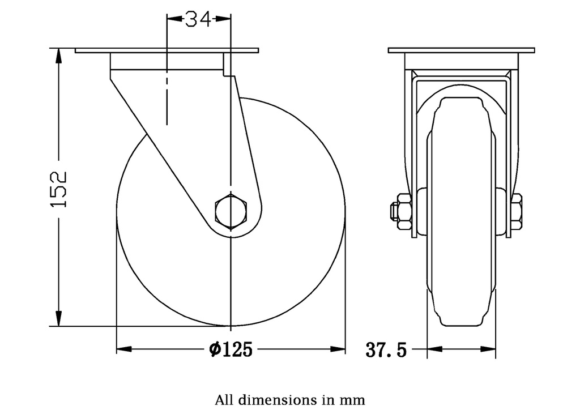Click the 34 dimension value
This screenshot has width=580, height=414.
click(199, 19)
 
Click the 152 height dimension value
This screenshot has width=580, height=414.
click(58, 188)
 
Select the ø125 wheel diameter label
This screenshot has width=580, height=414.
click(231, 349)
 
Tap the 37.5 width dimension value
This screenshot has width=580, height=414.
click(386, 350)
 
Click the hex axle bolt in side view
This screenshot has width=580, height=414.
click(231, 211)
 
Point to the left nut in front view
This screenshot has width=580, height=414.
click(403, 211)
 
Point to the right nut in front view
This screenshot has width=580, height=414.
click(516, 211)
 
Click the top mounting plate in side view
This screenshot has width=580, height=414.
click(167, 50)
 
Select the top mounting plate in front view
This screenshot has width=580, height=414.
click(461, 50)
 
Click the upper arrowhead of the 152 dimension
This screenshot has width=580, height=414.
click(58, 56)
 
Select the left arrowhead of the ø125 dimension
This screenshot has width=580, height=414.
click(124, 349)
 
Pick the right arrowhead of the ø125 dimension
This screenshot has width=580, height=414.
click(338, 349)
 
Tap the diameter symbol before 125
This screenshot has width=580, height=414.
click(214, 350)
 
